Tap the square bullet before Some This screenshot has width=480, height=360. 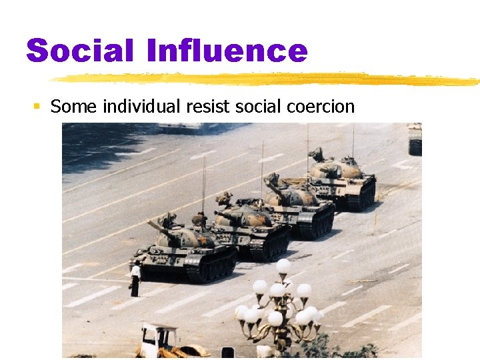tap(37, 107)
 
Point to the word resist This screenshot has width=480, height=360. tap(200, 106)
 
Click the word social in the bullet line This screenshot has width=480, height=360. tap(249, 106)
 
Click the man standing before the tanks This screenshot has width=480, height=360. tap(135, 279)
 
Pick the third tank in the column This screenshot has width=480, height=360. tap(297, 203)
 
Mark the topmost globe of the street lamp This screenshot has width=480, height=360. tap(283, 266)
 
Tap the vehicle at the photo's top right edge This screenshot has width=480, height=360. tap(415, 139)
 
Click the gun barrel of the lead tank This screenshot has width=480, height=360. tap(157, 227)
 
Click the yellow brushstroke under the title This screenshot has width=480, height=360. tap(267, 79)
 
